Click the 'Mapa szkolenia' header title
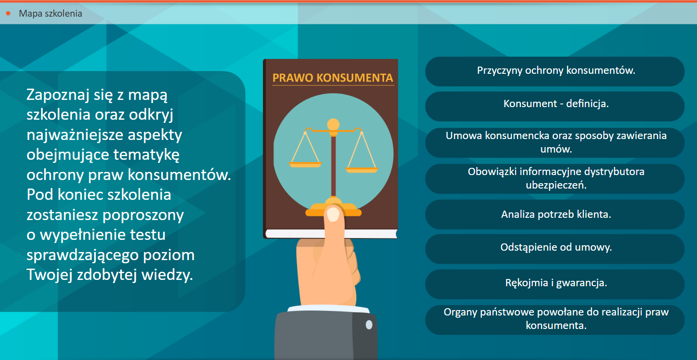coord(50,13)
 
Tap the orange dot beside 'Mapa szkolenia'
coord(9,13)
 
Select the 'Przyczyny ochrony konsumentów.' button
coord(555,71)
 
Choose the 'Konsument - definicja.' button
coord(555,106)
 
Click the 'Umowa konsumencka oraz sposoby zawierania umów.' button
coord(555,142)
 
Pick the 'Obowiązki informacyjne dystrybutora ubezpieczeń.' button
coord(555,179)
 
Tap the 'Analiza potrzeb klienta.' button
coord(555,214)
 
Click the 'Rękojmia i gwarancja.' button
coord(555,284)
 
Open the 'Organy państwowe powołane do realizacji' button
coord(555,319)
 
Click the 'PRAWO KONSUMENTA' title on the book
coord(333,78)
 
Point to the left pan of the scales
coord(305,164)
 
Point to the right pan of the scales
coord(362,170)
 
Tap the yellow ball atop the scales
coord(333,124)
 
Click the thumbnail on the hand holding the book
coord(333,215)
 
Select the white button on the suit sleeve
coord(369,324)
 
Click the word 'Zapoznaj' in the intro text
coord(58,95)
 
